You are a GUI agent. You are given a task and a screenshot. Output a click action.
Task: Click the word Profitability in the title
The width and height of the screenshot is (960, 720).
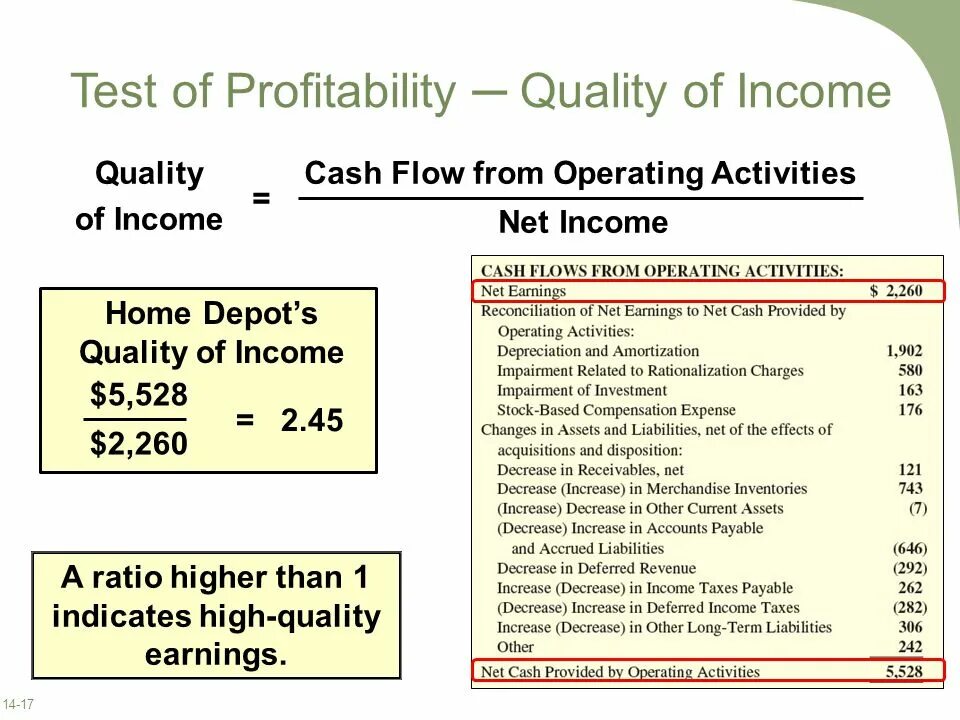340,92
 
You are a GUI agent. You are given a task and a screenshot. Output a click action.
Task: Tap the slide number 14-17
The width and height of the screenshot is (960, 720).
19,705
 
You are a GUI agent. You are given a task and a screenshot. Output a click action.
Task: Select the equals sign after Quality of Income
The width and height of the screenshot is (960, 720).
261,198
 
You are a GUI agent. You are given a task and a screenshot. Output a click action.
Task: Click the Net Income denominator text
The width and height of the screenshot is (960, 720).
583,222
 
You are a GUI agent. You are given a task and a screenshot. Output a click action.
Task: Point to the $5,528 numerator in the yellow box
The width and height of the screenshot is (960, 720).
138,394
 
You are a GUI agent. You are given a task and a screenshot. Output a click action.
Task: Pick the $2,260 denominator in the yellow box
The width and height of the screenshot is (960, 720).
138,443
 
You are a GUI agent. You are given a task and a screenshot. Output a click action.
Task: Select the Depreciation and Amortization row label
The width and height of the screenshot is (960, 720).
597,351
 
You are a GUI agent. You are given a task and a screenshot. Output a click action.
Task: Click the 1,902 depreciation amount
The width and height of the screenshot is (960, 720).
904,351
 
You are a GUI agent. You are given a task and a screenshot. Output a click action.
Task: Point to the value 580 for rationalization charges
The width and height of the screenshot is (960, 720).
910,370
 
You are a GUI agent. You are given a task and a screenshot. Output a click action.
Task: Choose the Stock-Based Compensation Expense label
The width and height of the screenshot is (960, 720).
615,410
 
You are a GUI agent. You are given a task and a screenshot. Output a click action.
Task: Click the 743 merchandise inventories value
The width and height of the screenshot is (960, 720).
910,488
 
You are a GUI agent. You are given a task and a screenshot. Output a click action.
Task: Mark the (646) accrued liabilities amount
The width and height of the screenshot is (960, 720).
909,548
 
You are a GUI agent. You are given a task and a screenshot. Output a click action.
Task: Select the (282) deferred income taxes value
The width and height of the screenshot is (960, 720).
909,607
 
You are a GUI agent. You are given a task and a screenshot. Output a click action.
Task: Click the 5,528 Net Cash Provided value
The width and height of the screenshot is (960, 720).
904,672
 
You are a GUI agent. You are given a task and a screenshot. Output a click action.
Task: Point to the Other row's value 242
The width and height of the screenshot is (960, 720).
910,647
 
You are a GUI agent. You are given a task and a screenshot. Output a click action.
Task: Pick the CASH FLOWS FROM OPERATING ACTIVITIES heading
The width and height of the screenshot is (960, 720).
662,271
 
